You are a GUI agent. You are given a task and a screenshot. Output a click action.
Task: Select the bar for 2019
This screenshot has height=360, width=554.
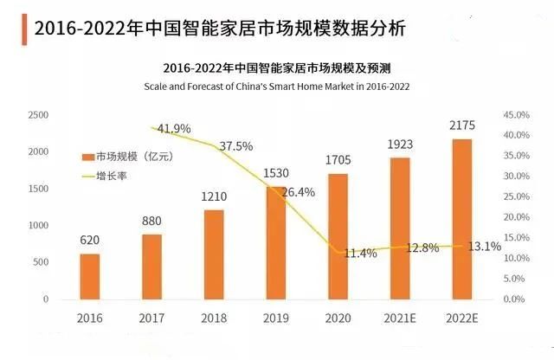tap(276, 242)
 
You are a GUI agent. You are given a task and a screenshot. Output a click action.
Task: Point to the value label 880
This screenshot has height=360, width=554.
tap(152, 220)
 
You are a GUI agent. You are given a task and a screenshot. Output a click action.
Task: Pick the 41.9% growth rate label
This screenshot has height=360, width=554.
tap(174, 129)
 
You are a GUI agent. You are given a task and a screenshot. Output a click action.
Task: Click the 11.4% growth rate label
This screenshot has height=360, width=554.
tap(356, 254)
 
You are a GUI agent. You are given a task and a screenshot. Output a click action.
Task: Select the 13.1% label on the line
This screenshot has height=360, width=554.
tap(485, 247)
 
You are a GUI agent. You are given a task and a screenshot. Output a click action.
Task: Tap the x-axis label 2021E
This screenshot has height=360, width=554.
tap(399, 318)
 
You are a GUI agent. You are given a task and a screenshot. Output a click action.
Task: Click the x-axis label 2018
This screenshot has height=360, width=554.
tap(214, 318)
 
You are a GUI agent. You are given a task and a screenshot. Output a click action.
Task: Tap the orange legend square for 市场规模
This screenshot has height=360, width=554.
tap(87, 157)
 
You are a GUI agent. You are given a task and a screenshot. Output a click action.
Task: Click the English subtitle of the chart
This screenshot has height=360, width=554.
tap(276, 87)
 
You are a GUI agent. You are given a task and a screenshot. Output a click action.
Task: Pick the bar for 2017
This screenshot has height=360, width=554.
tap(151, 267)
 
